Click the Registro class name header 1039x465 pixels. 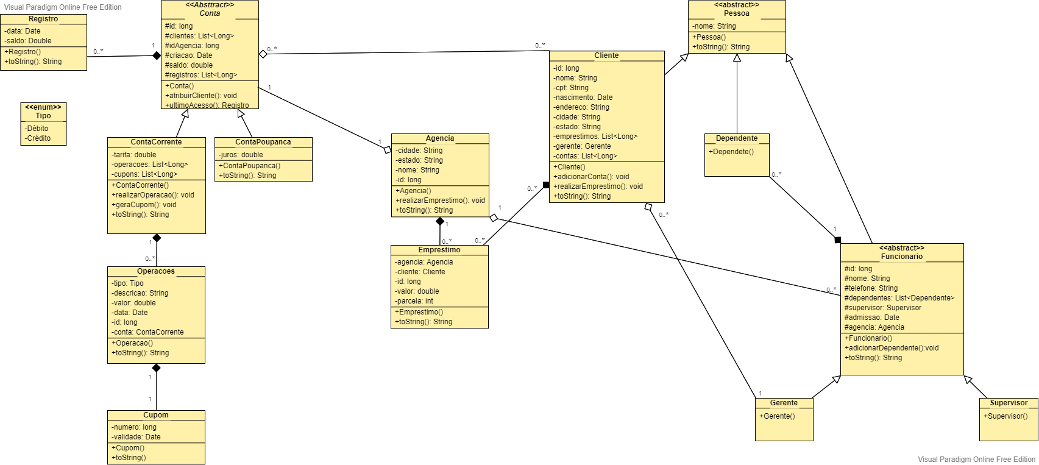(x=43, y=19)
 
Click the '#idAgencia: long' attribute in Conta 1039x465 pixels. (x=192, y=46)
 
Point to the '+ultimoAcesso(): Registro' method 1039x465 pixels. (x=207, y=105)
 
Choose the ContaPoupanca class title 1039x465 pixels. (x=263, y=142)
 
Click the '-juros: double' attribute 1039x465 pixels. (x=241, y=155)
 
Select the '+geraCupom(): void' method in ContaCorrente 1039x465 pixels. (x=144, y=205)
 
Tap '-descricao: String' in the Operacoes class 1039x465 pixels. (x=140, y=293)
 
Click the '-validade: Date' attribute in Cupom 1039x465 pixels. (x=136, y=437)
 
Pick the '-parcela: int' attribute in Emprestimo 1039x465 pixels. (x=414, y=301)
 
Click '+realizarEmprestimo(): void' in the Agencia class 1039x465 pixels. (x=440, y=201)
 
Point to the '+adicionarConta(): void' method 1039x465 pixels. (x=591, y=177)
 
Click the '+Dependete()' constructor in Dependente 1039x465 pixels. (x=731, y=152)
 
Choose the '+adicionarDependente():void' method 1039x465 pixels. (x=891, y=348)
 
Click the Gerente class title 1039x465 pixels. (x=784, y=403)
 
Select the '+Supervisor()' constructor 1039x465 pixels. (x=1005, y=416)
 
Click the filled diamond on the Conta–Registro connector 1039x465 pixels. (x=156, y=55)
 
